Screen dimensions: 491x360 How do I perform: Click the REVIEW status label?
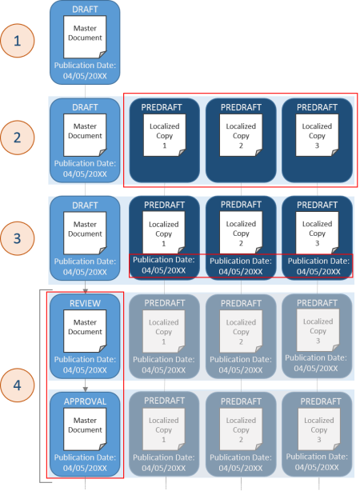pos(85,304)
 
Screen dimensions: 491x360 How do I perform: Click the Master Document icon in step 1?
pos(85,39)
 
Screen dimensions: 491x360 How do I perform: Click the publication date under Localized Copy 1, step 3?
pos(164,266)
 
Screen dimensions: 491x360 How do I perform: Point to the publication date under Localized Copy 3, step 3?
pos(318,266)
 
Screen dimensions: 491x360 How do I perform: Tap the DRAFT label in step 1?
pos(85,10)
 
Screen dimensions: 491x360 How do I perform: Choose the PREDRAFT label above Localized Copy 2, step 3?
pos(242,206)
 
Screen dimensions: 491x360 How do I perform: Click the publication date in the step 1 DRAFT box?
pos(85,70)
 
